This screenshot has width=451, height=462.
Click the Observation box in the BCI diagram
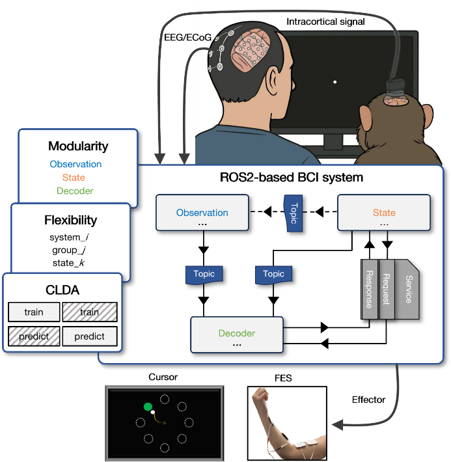pyautogui.click(x=202, y=213)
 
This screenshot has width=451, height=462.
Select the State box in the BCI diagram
pyautogui.click(x=384, y=213)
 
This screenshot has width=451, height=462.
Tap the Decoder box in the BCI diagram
pyautogui.click(x=237, y=334)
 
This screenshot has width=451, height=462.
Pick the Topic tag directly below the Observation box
pyautogui.click(x=203, y=274)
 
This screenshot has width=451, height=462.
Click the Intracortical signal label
pyautogui.click(x=325, y=22)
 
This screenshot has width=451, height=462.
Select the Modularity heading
pyautogui.click(x=78, y=146)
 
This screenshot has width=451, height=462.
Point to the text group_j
pyautogui.click(x=68, y=250)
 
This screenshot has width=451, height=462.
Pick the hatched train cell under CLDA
pyautogui.click(x=90, y=312)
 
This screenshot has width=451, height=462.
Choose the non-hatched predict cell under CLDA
pyautogui.click(x=90, y=336)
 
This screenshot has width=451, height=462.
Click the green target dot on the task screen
pyautogui.click(x=148, y=407)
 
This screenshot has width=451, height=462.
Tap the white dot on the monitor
pyautogui.click(x=335, y=82)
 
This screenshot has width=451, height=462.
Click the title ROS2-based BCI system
pyautogui.click(x=292, y=177)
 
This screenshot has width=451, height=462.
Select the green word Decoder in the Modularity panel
pyautogui.click(x=75, y=191)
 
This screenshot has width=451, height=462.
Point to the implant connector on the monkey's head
pyautogui.click(x=394, y=88)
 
